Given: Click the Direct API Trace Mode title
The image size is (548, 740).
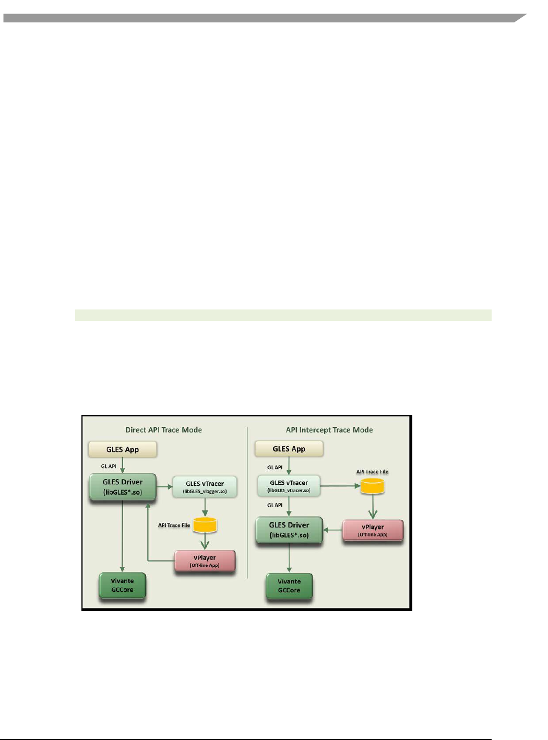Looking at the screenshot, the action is click(163, 430).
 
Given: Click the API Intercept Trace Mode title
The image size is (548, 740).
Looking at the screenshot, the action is click(329, 430).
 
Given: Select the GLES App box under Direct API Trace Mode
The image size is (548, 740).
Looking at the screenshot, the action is click(123, 449).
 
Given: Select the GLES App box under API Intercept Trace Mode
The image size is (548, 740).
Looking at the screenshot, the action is click(289, 449).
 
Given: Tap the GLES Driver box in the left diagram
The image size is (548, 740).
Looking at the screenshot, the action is click(123, 487).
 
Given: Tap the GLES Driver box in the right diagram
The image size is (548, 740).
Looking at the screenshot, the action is click(289, 530).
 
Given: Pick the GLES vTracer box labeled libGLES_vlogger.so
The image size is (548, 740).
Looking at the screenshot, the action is click(205, 487).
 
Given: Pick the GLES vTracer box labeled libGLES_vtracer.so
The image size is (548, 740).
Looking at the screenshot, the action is click(289, 486).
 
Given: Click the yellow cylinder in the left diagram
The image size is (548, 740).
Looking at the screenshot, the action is click(205, 524).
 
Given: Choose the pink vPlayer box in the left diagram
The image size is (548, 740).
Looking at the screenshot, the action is click(205, 561).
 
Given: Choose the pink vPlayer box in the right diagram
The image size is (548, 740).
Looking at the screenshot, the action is click(373, 530).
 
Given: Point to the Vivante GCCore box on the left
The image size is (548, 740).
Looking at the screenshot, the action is click(122, 586).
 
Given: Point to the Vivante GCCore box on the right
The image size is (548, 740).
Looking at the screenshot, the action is click(289, 586).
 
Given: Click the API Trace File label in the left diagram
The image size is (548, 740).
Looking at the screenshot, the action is click(174, 526).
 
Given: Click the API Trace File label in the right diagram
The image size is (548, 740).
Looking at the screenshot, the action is click(372, 472).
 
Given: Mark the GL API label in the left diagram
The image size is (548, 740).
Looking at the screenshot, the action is click(109, 467).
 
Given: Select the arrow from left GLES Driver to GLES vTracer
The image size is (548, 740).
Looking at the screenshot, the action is click(164, 487).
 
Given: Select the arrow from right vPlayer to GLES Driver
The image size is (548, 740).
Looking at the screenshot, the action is click(332, 530).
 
